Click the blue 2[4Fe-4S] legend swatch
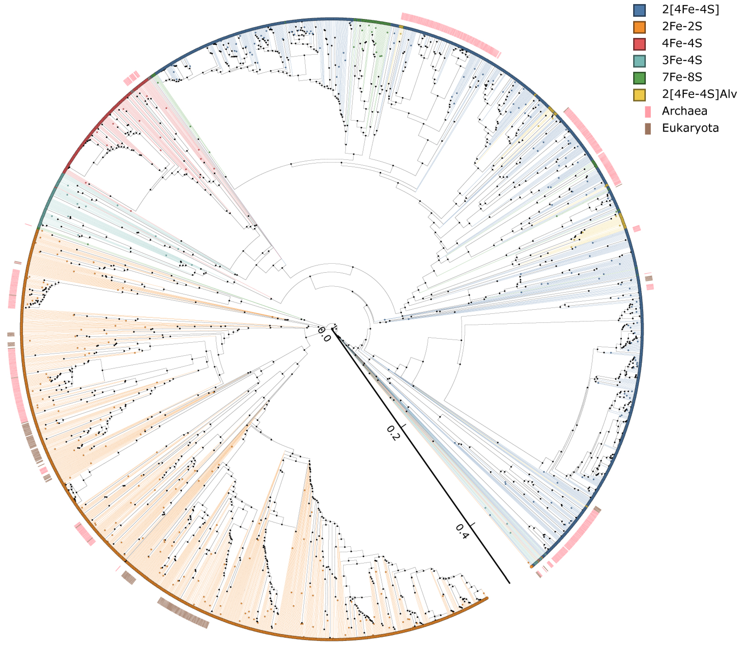(x=639, y=10)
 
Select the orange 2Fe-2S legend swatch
(x=639, y=27)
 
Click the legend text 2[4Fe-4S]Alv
(x=699, y=94)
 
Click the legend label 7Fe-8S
(x=682, y=77)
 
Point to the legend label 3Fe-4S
(x=682, y=60)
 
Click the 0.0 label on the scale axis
(x=324, y=334)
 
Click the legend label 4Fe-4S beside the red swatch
(x=682, y=43)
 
